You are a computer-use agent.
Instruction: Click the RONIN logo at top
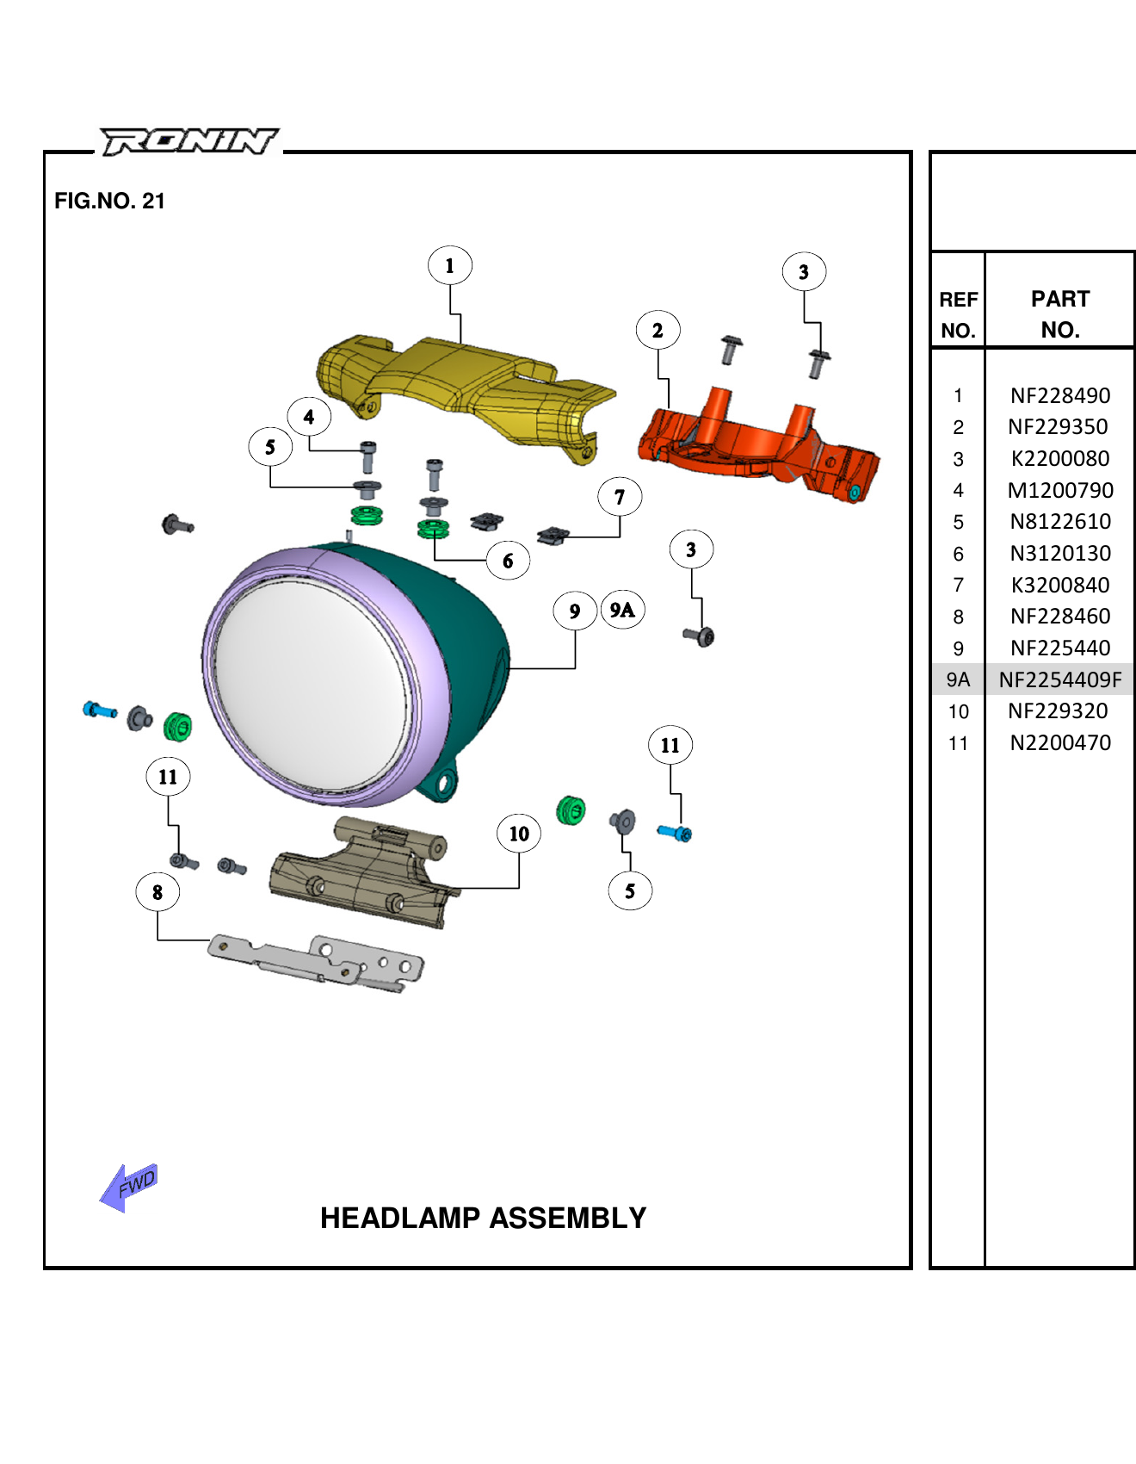coord(189,140)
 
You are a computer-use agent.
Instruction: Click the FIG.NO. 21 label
coord(109,201)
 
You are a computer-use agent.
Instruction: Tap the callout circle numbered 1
coord(449,266)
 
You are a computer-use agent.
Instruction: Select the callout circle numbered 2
coord(658,331)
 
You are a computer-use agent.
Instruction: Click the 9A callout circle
coord(622,611)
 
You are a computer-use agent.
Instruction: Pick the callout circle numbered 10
coord(519,834)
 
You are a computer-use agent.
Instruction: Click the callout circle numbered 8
coord(157,892)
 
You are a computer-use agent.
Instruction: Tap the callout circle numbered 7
coord(620,498)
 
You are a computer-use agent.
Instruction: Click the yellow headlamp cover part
coord(465,388)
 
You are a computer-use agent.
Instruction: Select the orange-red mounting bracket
coord(757,448)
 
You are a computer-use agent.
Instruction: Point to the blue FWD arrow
coord(129,1188)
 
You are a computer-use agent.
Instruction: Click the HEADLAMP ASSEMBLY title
coord(483,1218)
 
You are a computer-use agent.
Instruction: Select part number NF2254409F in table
coord(1059,679)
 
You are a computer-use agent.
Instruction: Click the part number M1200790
coord(1059,490)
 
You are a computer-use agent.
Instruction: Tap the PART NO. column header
coord(1059,314)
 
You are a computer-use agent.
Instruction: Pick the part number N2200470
coord(1059,742)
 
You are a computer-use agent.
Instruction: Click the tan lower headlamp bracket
coord(361,878)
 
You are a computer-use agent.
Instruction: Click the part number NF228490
coord(1059,395)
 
